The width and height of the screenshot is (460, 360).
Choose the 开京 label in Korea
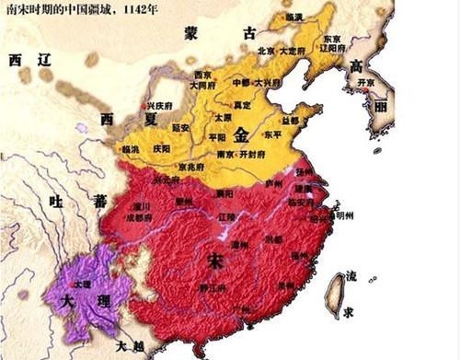tap(368, 82)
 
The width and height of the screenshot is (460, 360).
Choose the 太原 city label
tap(222, 117)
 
